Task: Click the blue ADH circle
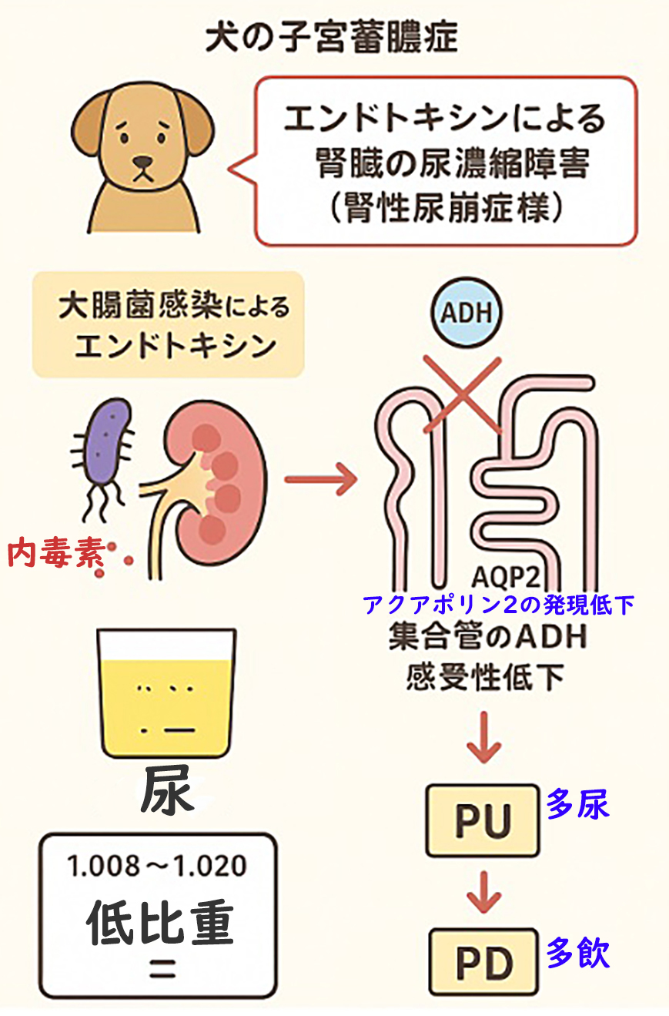click(463, 314)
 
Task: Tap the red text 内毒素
click(55, 554)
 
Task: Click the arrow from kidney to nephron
click(322, 480)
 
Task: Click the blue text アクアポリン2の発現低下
click(499, 605)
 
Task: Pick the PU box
click(483, 821)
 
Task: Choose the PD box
click(483, 961)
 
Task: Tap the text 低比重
click(159, 922)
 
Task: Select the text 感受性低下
click(485, 677)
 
